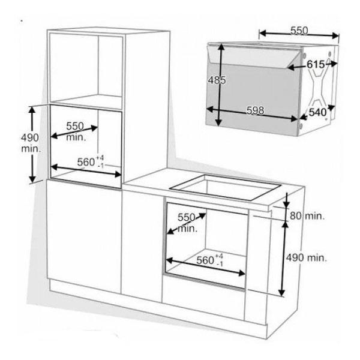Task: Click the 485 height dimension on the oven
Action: coord(217,80)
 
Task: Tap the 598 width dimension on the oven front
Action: coord(256,110)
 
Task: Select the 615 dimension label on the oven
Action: coord(316,65)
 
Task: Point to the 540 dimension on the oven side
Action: coord(317,112)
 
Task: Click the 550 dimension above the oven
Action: coord(299,31)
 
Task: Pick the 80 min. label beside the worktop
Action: coord(307,216)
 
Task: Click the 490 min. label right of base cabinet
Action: coord(306,258)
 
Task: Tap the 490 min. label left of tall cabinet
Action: coord(31,143)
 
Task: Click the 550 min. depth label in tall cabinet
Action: coord(76,131)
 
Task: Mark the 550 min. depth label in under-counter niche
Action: coord(187,223)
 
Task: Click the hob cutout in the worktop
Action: coord(225,188)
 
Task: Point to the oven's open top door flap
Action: coord(254,56)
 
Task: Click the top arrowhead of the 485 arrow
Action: coord(221,47)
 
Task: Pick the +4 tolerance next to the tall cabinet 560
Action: coord(100,158)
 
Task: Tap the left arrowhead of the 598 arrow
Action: coord(210,109)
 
